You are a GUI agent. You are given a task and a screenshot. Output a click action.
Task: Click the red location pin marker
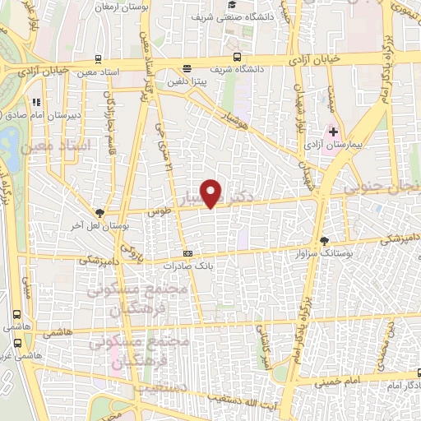pyautogui.click(x=213, y=193)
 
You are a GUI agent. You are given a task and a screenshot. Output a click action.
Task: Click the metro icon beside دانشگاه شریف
pyautogui.click(x=237, y=58)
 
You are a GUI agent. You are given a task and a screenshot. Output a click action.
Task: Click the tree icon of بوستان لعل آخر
pyautogui.click(x=100, y=212)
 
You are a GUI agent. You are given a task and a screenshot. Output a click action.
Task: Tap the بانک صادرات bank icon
pyautogui.click(x=187, y=253)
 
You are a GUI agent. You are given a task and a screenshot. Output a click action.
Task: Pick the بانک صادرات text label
pyautogui.click(x=187, y=266)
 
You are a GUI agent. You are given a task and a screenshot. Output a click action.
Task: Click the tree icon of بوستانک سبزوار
pyautogui.click(x=325, y=241)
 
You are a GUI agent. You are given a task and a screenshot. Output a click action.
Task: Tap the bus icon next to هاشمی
pyautogui.click(x=18, y=314)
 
